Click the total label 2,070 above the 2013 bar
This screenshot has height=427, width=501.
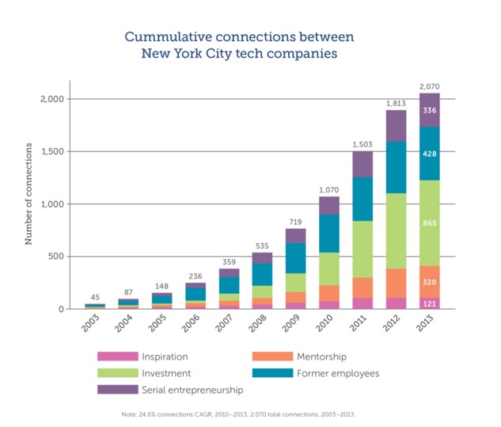click(x=430, y=86)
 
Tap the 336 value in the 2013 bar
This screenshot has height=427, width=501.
click(x=430, y=110)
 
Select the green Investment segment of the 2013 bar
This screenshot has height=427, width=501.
click(x=430, y=223)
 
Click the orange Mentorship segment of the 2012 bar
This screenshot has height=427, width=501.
click(x=396, y=284)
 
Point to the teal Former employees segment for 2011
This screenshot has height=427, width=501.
click(x=362, y=199)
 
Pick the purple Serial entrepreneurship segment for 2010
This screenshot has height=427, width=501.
click(x=329, y=206)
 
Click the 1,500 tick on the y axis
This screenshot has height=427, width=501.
click(x=53, y=151)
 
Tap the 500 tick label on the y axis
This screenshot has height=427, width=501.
click(x=56, y=256)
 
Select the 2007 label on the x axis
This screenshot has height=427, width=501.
click(x=224, y=323)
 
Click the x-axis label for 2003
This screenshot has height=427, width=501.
click(x=90, y=323)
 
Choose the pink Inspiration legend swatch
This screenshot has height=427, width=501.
click(x=118, y=356)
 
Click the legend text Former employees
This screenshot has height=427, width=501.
click(x=338, y=373)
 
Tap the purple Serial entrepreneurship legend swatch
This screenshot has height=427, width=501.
click(x=118, y=390)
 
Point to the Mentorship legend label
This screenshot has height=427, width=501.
click(x=322, y=356)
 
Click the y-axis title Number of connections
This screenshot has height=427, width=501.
click(x=28, y=194)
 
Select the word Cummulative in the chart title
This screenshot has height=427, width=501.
click(x=169, y=36)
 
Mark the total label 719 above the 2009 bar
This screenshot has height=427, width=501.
click(x=295, y=222)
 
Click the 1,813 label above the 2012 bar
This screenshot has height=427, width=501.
click(x=396, y=104)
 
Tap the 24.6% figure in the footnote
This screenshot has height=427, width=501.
click(x=146, y=414)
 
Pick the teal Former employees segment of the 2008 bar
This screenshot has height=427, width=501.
click(x=262, y=274)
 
